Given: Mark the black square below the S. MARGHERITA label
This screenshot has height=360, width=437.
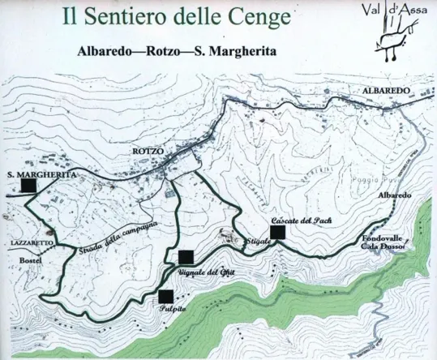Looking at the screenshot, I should [29, 186].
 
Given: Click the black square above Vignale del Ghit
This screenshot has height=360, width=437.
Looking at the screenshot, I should [186, 258].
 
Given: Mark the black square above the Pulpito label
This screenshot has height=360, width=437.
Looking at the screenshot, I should [166, 296].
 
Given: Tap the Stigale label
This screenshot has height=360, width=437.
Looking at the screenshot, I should [255, 242].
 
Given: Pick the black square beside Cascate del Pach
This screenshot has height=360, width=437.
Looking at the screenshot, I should [278, 233].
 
